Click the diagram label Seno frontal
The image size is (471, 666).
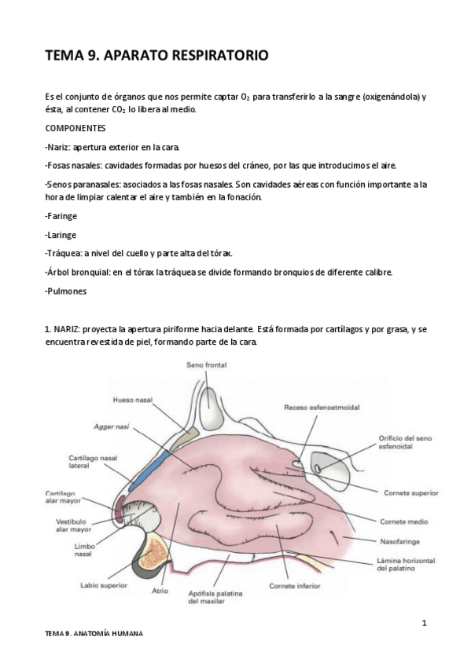[206, 364]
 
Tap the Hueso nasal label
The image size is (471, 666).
[133, 401]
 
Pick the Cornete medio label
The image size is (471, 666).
[404, 521]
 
